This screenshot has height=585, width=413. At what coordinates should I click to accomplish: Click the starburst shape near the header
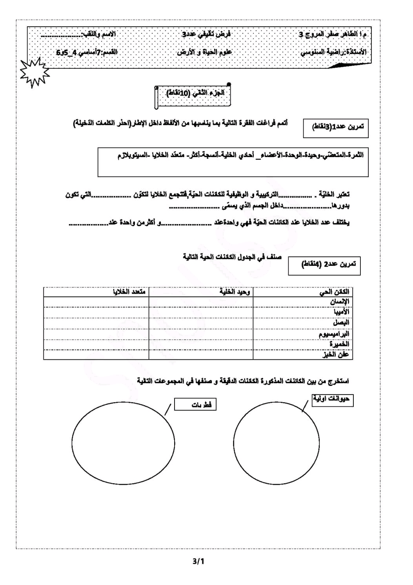pyautogui.click(x=35, y=72)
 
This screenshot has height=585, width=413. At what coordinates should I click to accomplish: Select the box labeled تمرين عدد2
pyautogui.click(x=324, y=265)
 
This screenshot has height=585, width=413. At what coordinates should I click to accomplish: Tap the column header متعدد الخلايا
pyautogui.click(x=129, y=292)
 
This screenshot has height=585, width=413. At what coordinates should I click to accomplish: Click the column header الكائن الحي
pyautogui.click(x=334, y=292)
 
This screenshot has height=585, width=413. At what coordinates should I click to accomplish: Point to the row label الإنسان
pyautogui.click(x=339, y=302)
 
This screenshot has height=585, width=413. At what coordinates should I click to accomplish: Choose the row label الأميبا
pyautogui.click(x=341, y=312)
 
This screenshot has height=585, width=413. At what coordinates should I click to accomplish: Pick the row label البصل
pyautogui.click(x=341, y=322)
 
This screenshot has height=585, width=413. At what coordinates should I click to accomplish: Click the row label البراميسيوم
pyautogui.click(x=334, y=334)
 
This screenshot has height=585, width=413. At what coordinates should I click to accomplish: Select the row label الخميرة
pyautogui.click(x=339, y=344)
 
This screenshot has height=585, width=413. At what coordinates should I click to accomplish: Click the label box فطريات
pyautogui.click(x=195, y=405)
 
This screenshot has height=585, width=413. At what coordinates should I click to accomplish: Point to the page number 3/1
pyautogui.click(x=198, y=561)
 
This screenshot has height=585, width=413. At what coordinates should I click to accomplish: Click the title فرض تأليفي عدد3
pyautogui.click(x=207, y=35)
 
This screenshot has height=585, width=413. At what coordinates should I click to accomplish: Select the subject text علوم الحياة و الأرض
pyautogui.click(x=204, y=52)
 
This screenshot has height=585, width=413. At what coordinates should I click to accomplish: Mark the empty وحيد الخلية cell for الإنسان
pyautogui.click(x=201, y=302)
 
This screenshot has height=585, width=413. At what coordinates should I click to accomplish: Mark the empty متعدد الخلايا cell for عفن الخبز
pyautogui.click(x=96, y=354)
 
